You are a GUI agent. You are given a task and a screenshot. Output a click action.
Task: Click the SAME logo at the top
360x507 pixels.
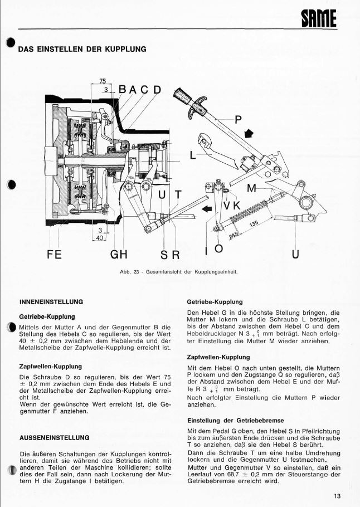click(319, 19)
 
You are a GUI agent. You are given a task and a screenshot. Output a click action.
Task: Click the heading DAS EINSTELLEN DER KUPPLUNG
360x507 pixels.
click(82, 49)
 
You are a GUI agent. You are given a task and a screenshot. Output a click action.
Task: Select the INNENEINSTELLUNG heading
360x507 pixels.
click(51, 301)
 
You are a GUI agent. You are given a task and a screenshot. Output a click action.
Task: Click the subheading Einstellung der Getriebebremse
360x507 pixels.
click(236, 420)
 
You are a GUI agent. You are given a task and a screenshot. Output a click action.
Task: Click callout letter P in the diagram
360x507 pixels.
click(239, 119)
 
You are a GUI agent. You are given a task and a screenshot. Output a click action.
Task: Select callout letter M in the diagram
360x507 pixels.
click(252, 188)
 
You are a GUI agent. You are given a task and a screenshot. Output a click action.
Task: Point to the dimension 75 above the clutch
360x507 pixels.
click(103, 81)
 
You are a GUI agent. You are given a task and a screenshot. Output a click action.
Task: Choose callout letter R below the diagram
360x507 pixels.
click(176, 255)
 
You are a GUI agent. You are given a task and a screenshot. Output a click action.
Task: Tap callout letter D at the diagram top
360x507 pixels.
click(157, 90)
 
